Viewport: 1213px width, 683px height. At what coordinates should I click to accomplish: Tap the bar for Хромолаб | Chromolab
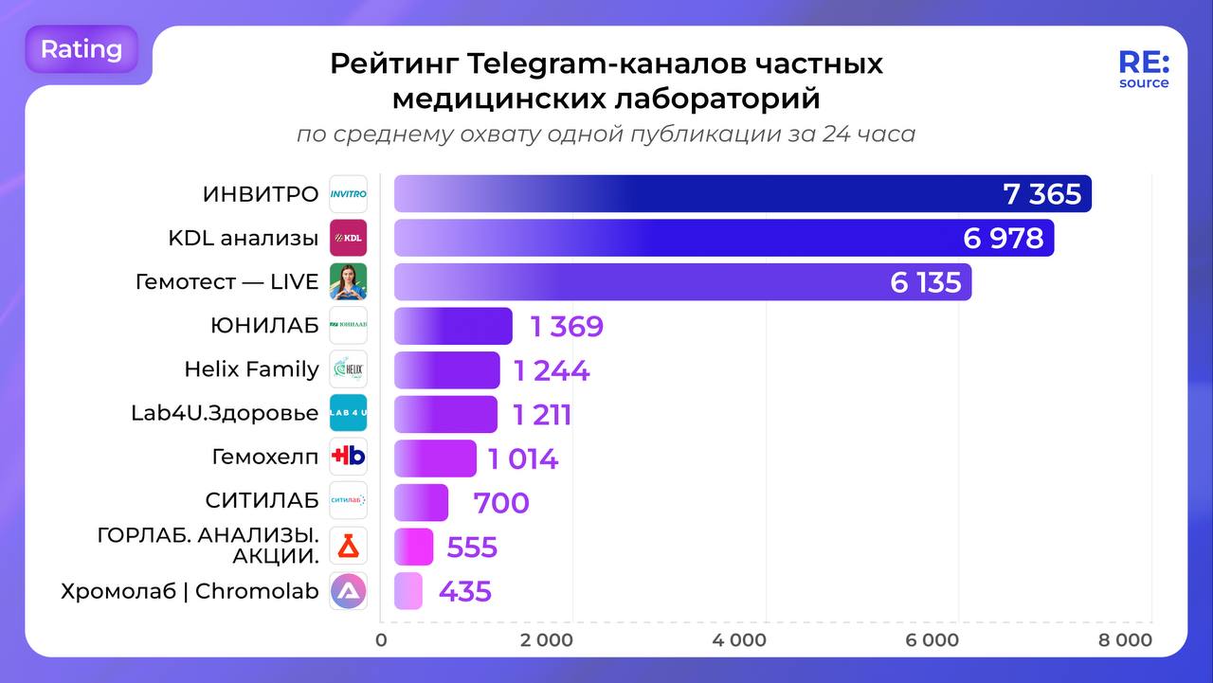coord(408,591)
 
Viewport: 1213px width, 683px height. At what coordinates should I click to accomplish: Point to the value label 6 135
coord(925,282)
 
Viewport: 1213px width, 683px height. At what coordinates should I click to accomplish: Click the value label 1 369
coord(567,327)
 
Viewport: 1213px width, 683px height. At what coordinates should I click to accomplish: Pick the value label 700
coord(501,503)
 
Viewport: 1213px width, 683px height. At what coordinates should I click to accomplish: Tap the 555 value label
coord(472,548)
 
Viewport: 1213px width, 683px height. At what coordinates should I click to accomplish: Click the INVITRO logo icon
coord(348,194)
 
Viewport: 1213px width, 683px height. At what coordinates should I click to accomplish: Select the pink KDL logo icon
coord(348,238)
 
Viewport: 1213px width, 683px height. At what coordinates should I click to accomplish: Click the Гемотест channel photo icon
coord(348,282)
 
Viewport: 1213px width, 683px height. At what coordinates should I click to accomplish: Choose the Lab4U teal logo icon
coord(348,414)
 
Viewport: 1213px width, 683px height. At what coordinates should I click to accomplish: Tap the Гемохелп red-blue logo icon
coord(348,458)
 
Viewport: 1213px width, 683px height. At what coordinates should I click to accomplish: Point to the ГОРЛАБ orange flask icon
coord(348,547)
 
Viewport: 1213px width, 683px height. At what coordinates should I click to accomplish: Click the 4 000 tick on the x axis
coord(739,640)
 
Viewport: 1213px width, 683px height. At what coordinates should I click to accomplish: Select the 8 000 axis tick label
coord(1125,640)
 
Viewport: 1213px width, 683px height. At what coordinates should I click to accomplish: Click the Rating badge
coord(81,49)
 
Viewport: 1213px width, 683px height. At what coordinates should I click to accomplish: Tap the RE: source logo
coord(1144,69)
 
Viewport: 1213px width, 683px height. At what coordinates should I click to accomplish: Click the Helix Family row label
coord(251,369)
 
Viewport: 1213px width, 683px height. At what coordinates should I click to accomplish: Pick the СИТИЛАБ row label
coord(262,501)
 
